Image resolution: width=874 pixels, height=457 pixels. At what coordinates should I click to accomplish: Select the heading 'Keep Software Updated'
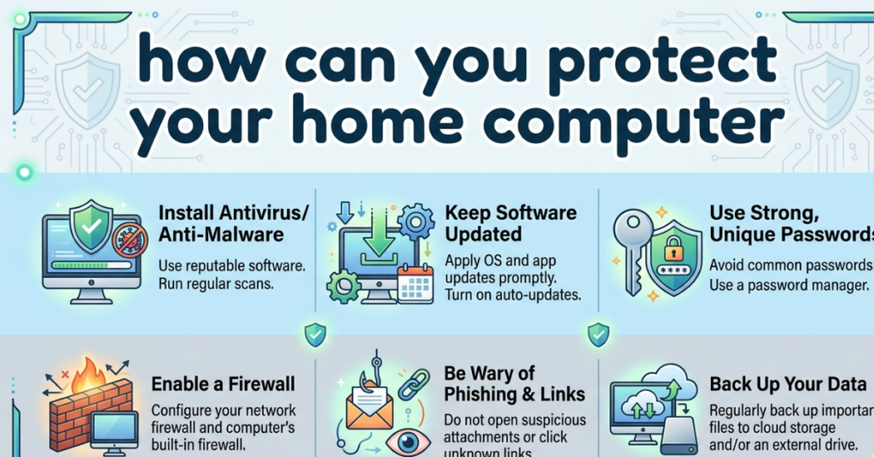click(x=510, y=223)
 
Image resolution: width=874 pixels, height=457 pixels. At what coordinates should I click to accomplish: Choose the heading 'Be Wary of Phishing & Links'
click(x=514, y=384)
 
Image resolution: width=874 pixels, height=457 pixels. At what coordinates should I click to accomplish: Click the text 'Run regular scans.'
click(x=215, y=285)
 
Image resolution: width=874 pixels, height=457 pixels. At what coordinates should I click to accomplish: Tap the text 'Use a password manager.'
click(x=790, y=285)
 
